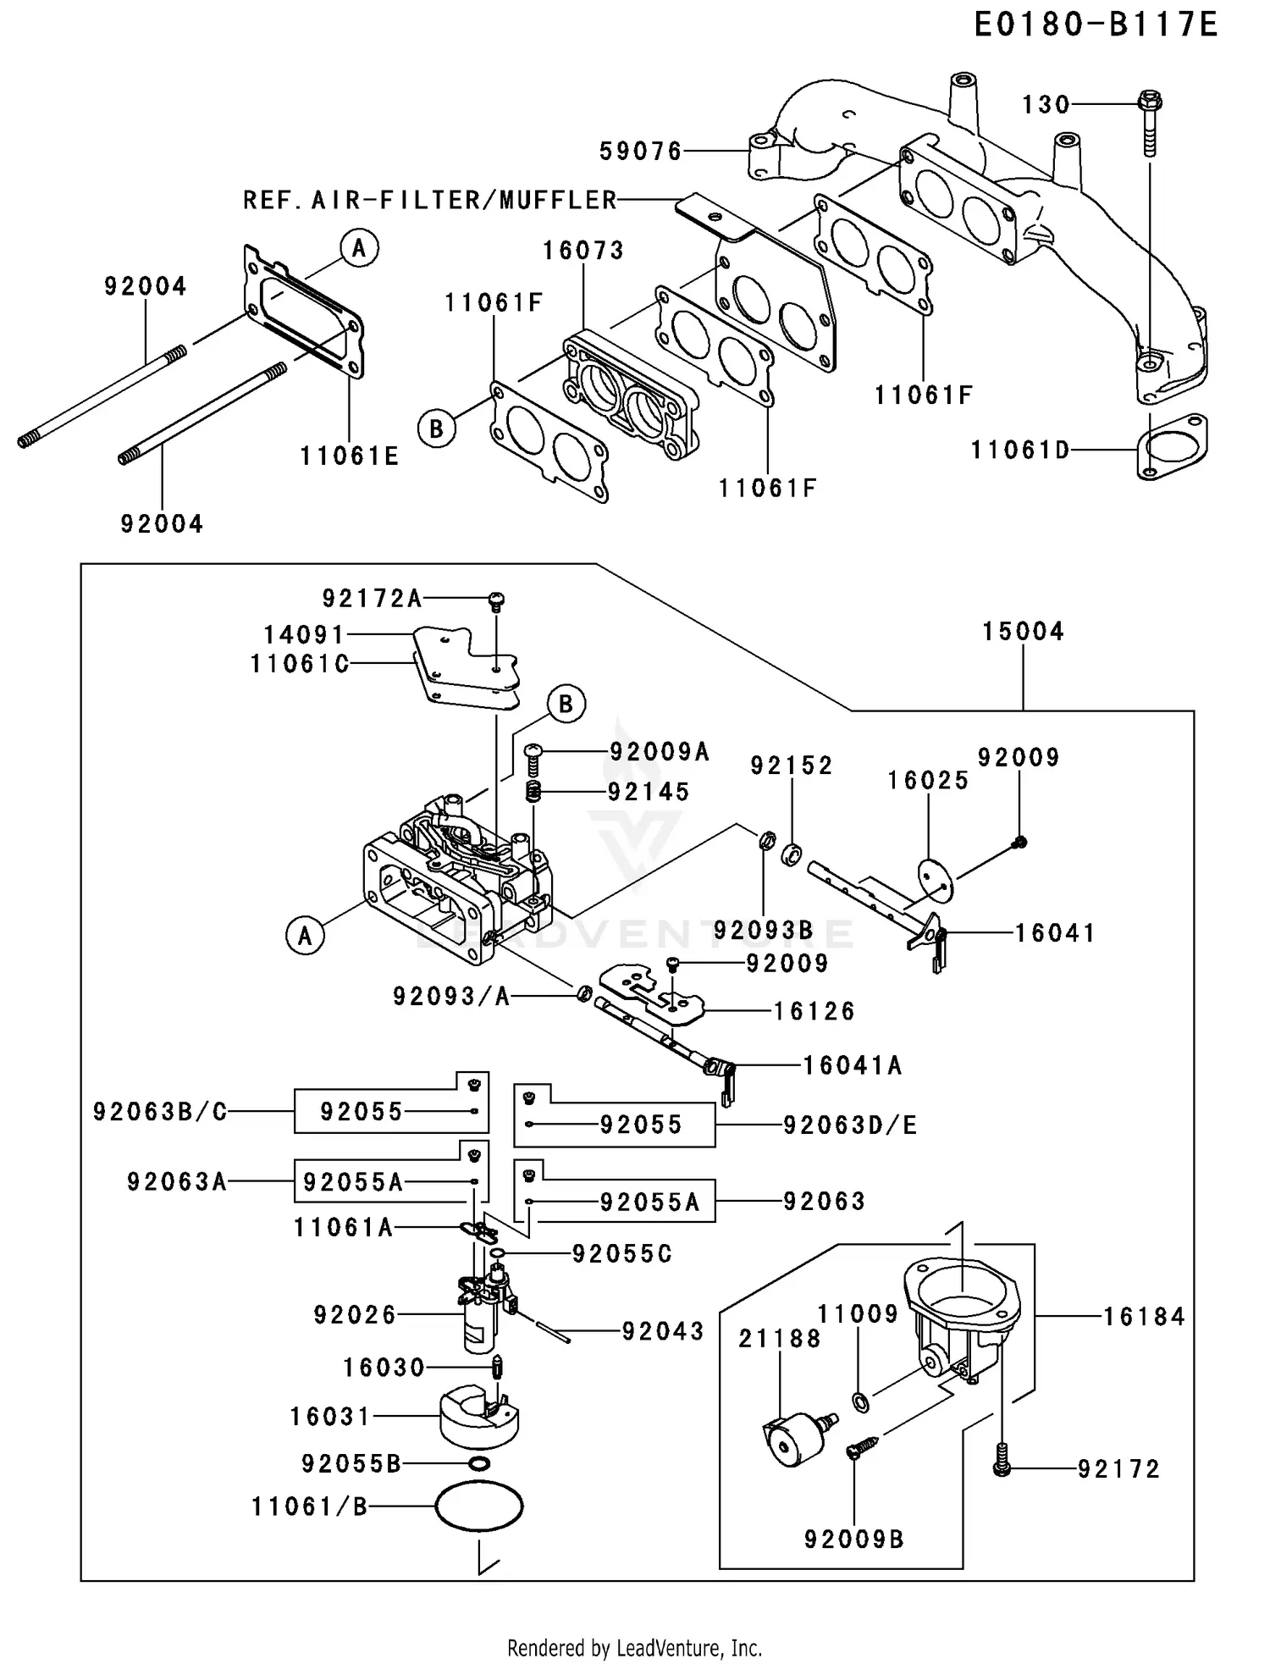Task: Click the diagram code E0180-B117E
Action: (x=1095, y=25)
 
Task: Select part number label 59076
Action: (x=640, y=152)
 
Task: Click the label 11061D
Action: (x=1020, y=450)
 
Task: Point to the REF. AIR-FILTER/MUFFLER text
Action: (x=430, y=200)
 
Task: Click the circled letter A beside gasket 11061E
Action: (x=359, y=248)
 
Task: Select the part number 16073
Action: (x=583, y=250)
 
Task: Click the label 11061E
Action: (x=349, y=456)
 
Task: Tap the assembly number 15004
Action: (x=1023, y=631)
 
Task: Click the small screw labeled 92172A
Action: (x=496, y=602)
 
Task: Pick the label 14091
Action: (x=304, y=634)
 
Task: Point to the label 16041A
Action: (x=852, y=1065)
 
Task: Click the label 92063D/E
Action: (x=849, y=1125)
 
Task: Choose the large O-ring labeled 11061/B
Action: (x=479, y=1506)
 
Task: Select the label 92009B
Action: (x=853, y=1539)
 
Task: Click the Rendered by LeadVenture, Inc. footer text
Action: (x=634, y=1648)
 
